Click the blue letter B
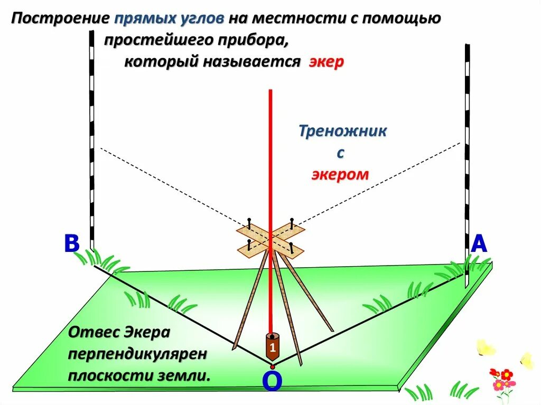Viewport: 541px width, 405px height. (x=71, y=244)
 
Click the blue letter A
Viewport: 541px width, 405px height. (x=479, y=244)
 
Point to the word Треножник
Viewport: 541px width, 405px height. (x=342, y=131)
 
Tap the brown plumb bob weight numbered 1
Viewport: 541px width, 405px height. (x=272, y=347)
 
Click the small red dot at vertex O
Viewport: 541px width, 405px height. (x=272, y=366)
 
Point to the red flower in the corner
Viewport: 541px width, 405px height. (x=506, y=375)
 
